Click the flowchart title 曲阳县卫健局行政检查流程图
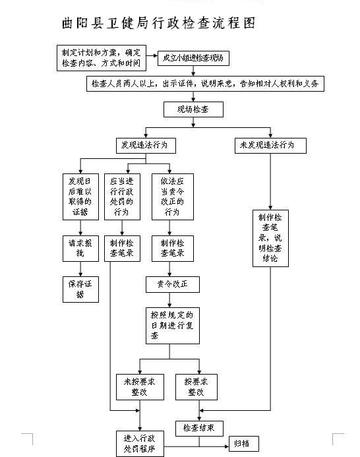159,23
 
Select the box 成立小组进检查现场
193,58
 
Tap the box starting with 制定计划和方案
102,58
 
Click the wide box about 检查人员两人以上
205,84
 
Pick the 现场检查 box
193,109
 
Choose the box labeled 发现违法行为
146,146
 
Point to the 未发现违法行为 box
270,146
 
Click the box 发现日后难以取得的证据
80,197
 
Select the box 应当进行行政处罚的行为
122,197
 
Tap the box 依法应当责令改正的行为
173,197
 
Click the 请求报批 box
80,249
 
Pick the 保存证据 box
80,289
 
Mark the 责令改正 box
173,284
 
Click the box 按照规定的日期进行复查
173,326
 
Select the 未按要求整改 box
140,387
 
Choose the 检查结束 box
199,429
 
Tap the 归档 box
244,444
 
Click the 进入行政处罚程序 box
140,444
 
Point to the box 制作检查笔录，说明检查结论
270,238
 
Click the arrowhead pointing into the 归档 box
227,446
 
